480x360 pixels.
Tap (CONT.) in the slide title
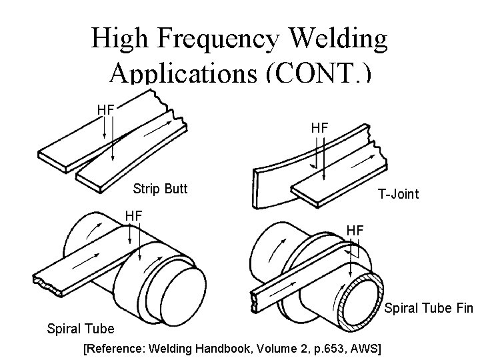(x=317, y=71)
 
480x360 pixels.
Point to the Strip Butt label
(x=160, y=189)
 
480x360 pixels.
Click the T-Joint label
(x=398, y=194)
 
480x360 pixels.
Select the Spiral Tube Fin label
(x=429, y=308)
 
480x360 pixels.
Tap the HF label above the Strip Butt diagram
(x=105, y=109)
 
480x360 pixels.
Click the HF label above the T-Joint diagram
(x=319, y=126)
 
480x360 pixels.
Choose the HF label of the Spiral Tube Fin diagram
(x=355, y=229)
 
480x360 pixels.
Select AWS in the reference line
(x=369, y=348)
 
